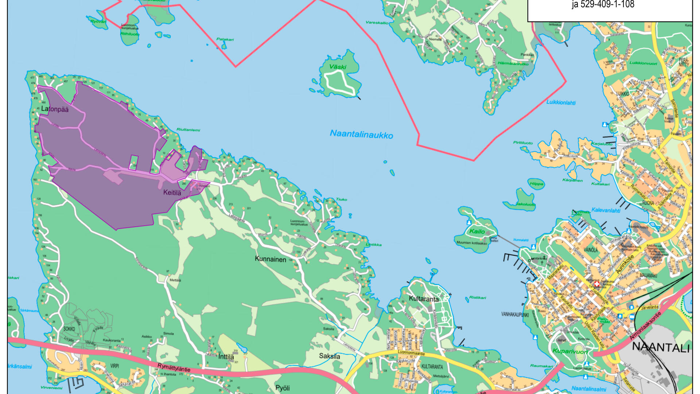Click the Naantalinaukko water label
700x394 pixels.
click(361, 134)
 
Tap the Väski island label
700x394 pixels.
click(338, 67)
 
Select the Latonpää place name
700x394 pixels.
click(55, 109)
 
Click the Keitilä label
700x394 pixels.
click(172, 193)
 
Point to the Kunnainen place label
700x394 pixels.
click(271, 259)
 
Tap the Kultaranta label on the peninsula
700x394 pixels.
click(424, 299)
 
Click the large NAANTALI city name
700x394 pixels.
click(661, 347)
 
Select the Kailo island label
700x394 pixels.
click(477, 231)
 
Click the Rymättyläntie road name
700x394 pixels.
click(174, 367)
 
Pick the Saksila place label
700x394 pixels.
click(330, 356)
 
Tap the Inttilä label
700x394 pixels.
click(226, 357)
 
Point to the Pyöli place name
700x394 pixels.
click(283, 388)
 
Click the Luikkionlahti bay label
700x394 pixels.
click(561, 103)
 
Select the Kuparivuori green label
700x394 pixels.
click(570, 351)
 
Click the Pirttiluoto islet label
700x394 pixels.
click(523, 143)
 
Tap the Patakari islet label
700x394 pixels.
click(225, 39)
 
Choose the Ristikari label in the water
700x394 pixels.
click(477, 298)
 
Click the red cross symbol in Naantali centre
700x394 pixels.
click(597, 284)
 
